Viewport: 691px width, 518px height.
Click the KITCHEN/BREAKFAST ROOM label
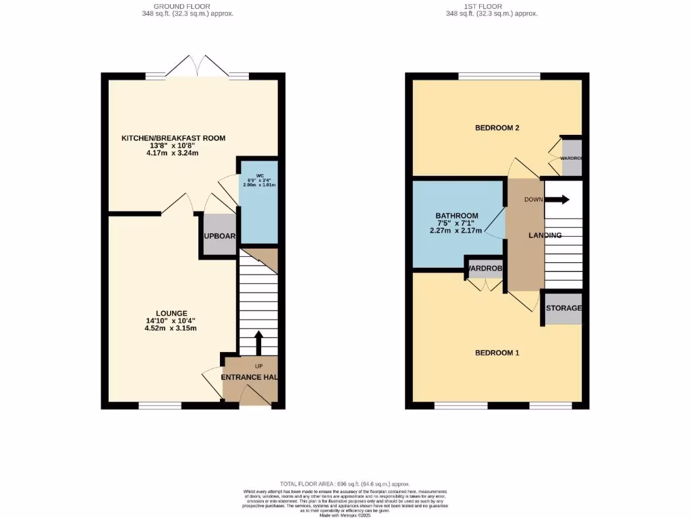(173, 138)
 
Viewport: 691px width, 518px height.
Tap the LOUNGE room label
(171, 313)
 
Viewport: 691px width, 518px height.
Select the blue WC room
(258, 202)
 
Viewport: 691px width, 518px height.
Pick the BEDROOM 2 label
(497, 127)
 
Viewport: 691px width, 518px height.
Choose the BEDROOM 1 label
(497, 353)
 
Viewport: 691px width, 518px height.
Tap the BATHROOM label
(456, 216)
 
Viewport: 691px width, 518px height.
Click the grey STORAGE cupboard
(563, 308)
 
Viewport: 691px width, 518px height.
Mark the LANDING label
(545, 235)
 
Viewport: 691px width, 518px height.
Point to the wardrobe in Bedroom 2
(571, 158)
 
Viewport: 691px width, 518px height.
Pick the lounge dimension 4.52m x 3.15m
(171, 328)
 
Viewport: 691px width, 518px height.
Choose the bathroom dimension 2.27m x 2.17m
(456, 231)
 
